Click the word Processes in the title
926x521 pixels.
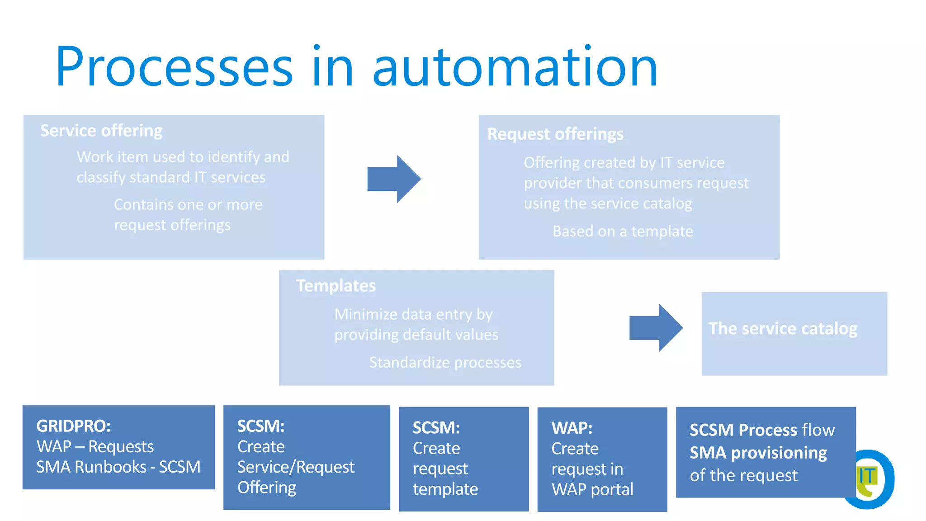click(x=174, y=67)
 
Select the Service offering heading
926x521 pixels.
click(x=101, y=131)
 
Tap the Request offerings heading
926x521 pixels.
click(x=555, y=134)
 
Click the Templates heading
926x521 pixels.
click(x=335, y=286)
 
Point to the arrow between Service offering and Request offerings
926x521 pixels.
click(x=394, y=179)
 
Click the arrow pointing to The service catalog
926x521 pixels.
click(x=656, y=328)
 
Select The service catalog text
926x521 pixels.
click(x=782, y=328)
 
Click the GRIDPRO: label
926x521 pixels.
click(x=73, y=426)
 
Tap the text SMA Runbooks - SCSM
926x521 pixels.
click(x=118, y=467)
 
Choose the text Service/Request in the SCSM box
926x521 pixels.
click(x=296, y=467)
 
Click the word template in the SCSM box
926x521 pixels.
click(x=445, y=489)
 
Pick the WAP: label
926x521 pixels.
click(x=572, y=428)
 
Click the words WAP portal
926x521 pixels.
click(x=592, y=489)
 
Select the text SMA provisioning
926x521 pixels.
click(x=758, y=453)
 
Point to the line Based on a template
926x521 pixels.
click(x=622, y=232)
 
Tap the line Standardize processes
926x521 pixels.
click(x=445, y=362)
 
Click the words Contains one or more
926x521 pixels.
click(x=188, y=204)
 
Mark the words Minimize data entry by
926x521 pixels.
click(x=413, y=314)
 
